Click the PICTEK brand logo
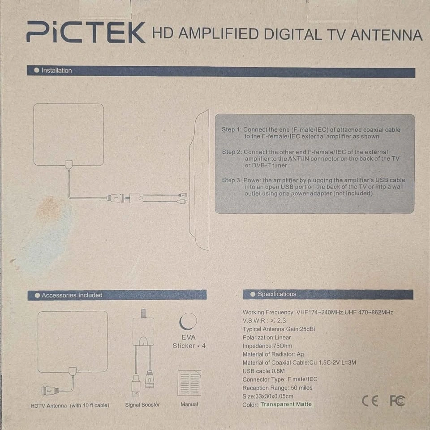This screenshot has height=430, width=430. [x=86, y=32]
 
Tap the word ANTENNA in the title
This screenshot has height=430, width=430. [x=386, y=35]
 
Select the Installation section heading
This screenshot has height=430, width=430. [x=56, y=70]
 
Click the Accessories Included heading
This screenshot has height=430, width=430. [x=72, y=295]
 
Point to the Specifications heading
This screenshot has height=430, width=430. [x=277, y=294]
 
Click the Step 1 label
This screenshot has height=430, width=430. [x=232, y=129]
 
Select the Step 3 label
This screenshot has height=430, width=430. [x=232, y=180]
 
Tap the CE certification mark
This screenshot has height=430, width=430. [x=370, y=401]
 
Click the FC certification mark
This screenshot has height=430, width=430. [x=397, y=401]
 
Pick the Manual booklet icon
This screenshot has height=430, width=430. [x=189, y=383]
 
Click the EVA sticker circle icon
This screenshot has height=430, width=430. [x=188, y=321]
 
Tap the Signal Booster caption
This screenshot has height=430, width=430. [x=142, y=405]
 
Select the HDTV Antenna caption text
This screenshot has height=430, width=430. [x=70, y=406]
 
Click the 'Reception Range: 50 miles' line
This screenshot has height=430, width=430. [x=277, y=388]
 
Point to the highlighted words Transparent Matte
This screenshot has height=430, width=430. [x=286, y=404]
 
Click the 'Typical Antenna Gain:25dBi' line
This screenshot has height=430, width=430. [x=279, y=329]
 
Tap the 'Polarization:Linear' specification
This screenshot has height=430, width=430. [x=267, y=338]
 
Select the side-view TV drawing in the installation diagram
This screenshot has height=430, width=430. [x=199, y=180]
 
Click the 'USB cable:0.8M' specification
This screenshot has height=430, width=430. [x=263, y=371]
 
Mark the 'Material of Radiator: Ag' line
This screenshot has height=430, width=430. [x=273, y=354]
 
